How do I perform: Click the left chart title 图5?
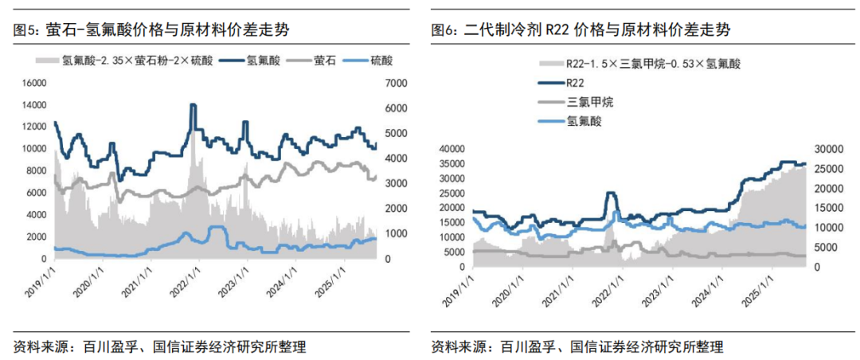pos(151,30)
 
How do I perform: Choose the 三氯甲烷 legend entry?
pos(589,102)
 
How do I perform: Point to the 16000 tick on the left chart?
pos(32,82)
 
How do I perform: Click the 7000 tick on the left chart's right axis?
pos(397,82)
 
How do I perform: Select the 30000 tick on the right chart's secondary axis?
pos(826,148)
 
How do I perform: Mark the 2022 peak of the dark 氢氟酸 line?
pos(193,105)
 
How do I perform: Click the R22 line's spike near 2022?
pos(611,193)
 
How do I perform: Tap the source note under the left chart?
pos(160,347)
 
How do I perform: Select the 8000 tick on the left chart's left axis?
pos(34,170)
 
